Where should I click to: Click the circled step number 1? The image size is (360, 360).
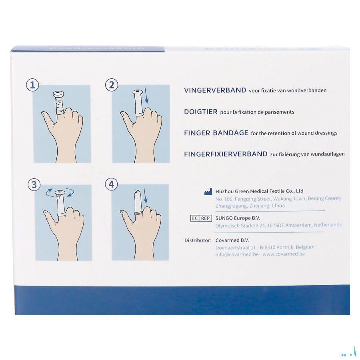click(x=32, y=85)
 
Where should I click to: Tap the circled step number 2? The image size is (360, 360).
click(x=112, y=85)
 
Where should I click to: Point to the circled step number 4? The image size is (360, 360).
click(x=112, y=184)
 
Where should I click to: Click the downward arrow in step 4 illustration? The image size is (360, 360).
click(x=145, y=196)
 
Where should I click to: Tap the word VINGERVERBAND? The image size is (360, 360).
click(x=215, y=90)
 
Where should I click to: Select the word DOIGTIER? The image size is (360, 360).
click(x=200, y=112)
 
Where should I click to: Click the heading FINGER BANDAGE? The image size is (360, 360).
click(x=216, y=133)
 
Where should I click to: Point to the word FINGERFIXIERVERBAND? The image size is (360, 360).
click(x=226, y=154)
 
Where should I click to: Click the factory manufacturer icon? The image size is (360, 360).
click(x=208, y=192)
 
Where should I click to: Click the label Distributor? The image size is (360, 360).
click(x=198, y=240)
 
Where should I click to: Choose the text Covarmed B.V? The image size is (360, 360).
click(x=232, y=240)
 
